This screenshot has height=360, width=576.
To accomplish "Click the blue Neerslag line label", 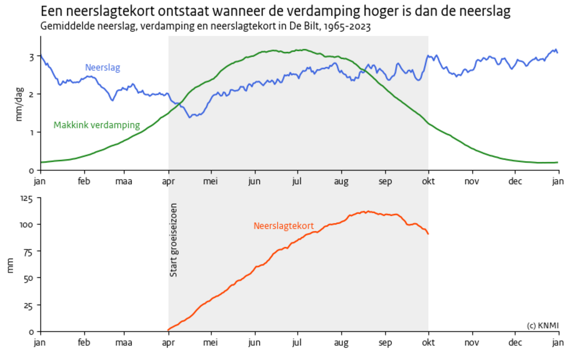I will pos(102,68).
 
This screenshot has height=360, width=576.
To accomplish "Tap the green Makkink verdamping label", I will pos(96,125).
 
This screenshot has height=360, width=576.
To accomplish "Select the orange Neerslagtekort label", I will pos(283,226).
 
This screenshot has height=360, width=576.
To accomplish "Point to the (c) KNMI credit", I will pos(542,325).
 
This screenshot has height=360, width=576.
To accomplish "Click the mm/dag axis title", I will pos(20,107).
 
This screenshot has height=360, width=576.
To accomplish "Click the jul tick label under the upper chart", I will pos(298,181).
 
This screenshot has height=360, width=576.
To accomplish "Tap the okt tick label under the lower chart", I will pos(428,343).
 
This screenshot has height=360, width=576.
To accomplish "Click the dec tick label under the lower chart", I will pos(515,343).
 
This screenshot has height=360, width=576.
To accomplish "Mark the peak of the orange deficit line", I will pos(367,211).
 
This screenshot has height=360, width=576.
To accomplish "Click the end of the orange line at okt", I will pos(428,234).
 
